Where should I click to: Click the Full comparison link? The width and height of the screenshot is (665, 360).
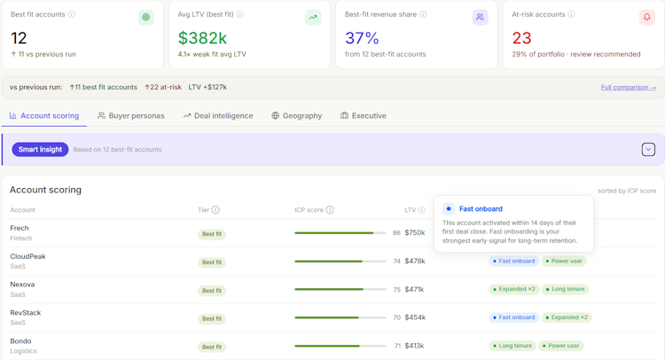(x=628, y=88)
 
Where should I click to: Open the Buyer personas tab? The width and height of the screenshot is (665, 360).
(x=130, y=116)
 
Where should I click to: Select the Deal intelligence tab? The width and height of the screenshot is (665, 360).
(x=218, y=116)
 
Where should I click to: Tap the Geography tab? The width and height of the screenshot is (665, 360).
(x=296, y=116)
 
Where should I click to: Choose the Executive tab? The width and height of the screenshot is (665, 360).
(x=364, y=116)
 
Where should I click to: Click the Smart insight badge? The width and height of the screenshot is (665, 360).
(x=40, y=149)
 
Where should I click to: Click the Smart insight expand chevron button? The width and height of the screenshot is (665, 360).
(x=648, y=149)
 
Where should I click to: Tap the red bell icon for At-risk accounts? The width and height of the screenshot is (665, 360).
(x=646, y=18)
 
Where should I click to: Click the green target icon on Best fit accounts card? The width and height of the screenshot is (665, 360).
(x=146, y=18)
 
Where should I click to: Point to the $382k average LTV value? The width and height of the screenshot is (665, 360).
(x=202, y=38)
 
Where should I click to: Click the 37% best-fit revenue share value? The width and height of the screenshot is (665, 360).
(x=362, y=38)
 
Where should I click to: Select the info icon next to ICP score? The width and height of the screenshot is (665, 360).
(x=330, y=210)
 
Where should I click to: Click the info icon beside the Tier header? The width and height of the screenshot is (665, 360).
(x=215, y=210)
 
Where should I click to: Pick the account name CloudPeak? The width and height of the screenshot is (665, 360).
(x=27, y=256)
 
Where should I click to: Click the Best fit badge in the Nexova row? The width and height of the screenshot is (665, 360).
(x=212, y=291)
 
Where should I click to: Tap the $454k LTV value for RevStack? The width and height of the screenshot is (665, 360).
(x=415, y=317)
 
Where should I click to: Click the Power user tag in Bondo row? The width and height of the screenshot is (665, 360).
(x=561, y=346)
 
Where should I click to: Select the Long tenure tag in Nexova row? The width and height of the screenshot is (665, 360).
(x=565, y=289)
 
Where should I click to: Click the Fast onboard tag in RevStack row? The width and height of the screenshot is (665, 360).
(x=514, y=317)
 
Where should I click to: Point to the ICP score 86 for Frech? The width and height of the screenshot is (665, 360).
(x=396, y=233)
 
